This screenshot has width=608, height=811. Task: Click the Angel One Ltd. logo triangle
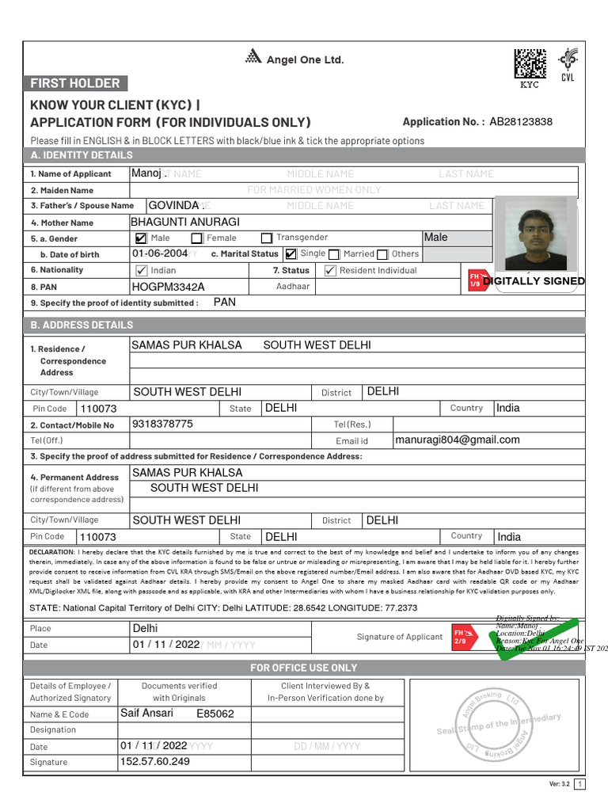(x=253, y=56)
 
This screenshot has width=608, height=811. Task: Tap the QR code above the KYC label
(x=530, y=64)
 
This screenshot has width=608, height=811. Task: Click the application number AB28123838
(x=521, y=122)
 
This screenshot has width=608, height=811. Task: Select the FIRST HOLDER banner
(x=75, y=83)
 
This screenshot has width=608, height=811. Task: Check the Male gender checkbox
(x=141, y=238)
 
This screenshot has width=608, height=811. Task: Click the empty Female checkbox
(x=196, y=238)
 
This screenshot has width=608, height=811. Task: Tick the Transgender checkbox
(x=267, y=238)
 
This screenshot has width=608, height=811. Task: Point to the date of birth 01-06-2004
(x=160, y=253)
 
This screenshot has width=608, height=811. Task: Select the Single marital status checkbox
(x=291, y=254)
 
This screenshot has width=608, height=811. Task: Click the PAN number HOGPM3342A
(x=168, y=287)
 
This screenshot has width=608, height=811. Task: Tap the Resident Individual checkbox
(x=331, y=270)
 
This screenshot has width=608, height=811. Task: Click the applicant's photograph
(x=535, y=234)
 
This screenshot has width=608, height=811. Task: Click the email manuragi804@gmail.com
(x=458, y=440)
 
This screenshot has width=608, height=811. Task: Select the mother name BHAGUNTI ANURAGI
(x=185, y=222)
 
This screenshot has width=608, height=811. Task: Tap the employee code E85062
(x=215, y=714)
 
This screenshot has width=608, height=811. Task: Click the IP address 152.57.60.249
(x=155, y=761)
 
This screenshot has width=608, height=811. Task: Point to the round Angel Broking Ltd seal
(x=489, y=721)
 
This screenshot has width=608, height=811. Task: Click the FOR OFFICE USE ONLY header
(x=304, y=668)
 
